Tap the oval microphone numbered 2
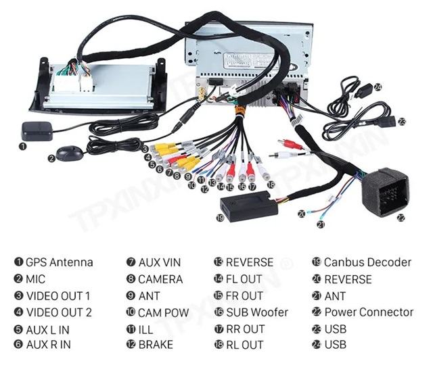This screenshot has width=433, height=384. pyautogui.click(x=70, y=154)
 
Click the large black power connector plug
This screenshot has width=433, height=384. pyautogui.click(x=384, y=191)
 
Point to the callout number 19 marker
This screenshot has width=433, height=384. pyautogui.click(x=219, y=218)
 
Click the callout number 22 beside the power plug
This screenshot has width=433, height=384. pyautogui.click(x=401, y=218)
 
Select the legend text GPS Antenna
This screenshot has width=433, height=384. pyautogui.click(x=60, y=262)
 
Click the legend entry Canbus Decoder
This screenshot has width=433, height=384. pyautogui.click(x=367, y=262)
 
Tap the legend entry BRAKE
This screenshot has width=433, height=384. pyautogui.click(x=156, y=345)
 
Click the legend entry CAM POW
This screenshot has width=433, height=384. pyautogui.click(x=163, y=312)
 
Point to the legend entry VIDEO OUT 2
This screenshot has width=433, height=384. pyautogui.click(x=58, y=312)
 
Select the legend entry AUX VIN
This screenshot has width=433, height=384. pyautogui.click(x=160, y=262)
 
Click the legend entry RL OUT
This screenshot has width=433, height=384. pyautogui.click(x=244, y=345)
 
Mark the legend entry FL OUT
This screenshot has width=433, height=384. pyautogui.click(x=244, y=279)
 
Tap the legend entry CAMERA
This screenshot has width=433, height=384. pyautogui.click(x=160, y=279)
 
